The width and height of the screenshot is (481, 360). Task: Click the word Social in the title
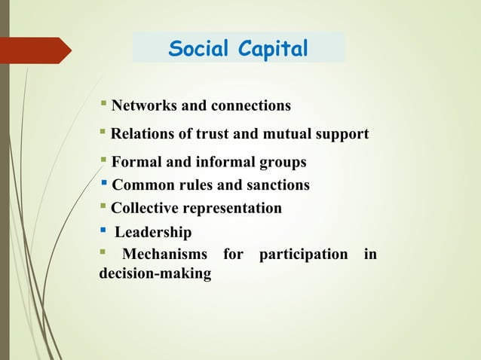(x=198, y=49)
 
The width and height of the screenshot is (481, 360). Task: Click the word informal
(x=222, y=162)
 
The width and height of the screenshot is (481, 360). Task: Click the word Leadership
(x=152, y=232)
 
